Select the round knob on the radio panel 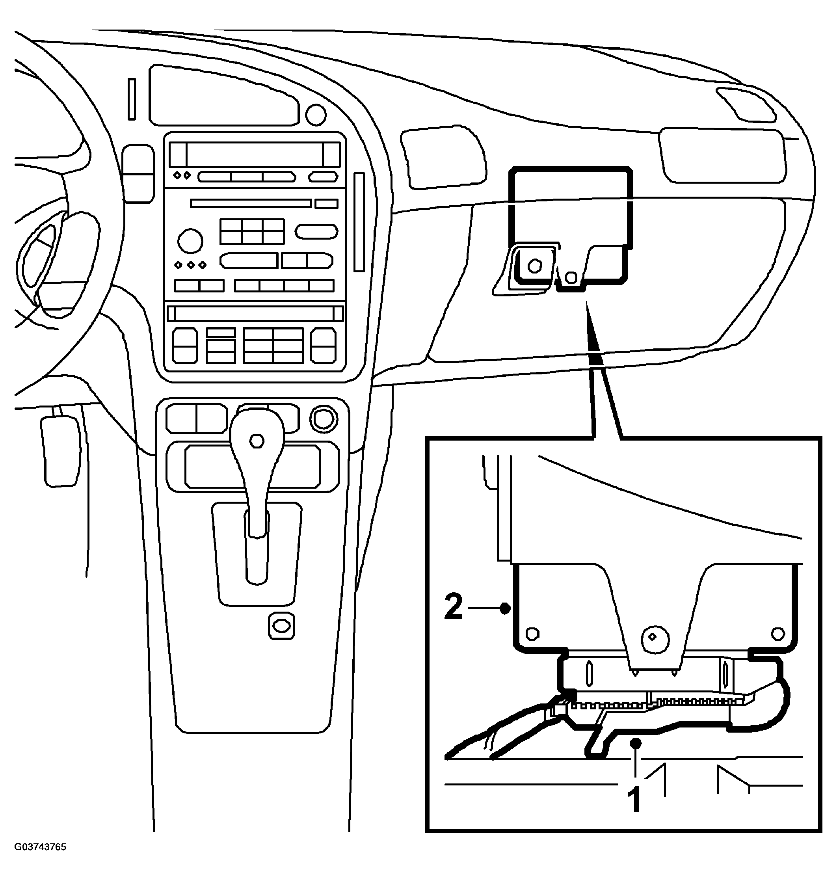point(190,241)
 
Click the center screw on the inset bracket point(654,638)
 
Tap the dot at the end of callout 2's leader point(505,608)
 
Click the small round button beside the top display point(316,114)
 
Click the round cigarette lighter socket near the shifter point(324,419)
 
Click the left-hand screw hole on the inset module point(532,634)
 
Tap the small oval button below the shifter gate point(281,626)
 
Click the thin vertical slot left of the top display point(132,99)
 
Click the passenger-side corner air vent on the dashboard point(745,105)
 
